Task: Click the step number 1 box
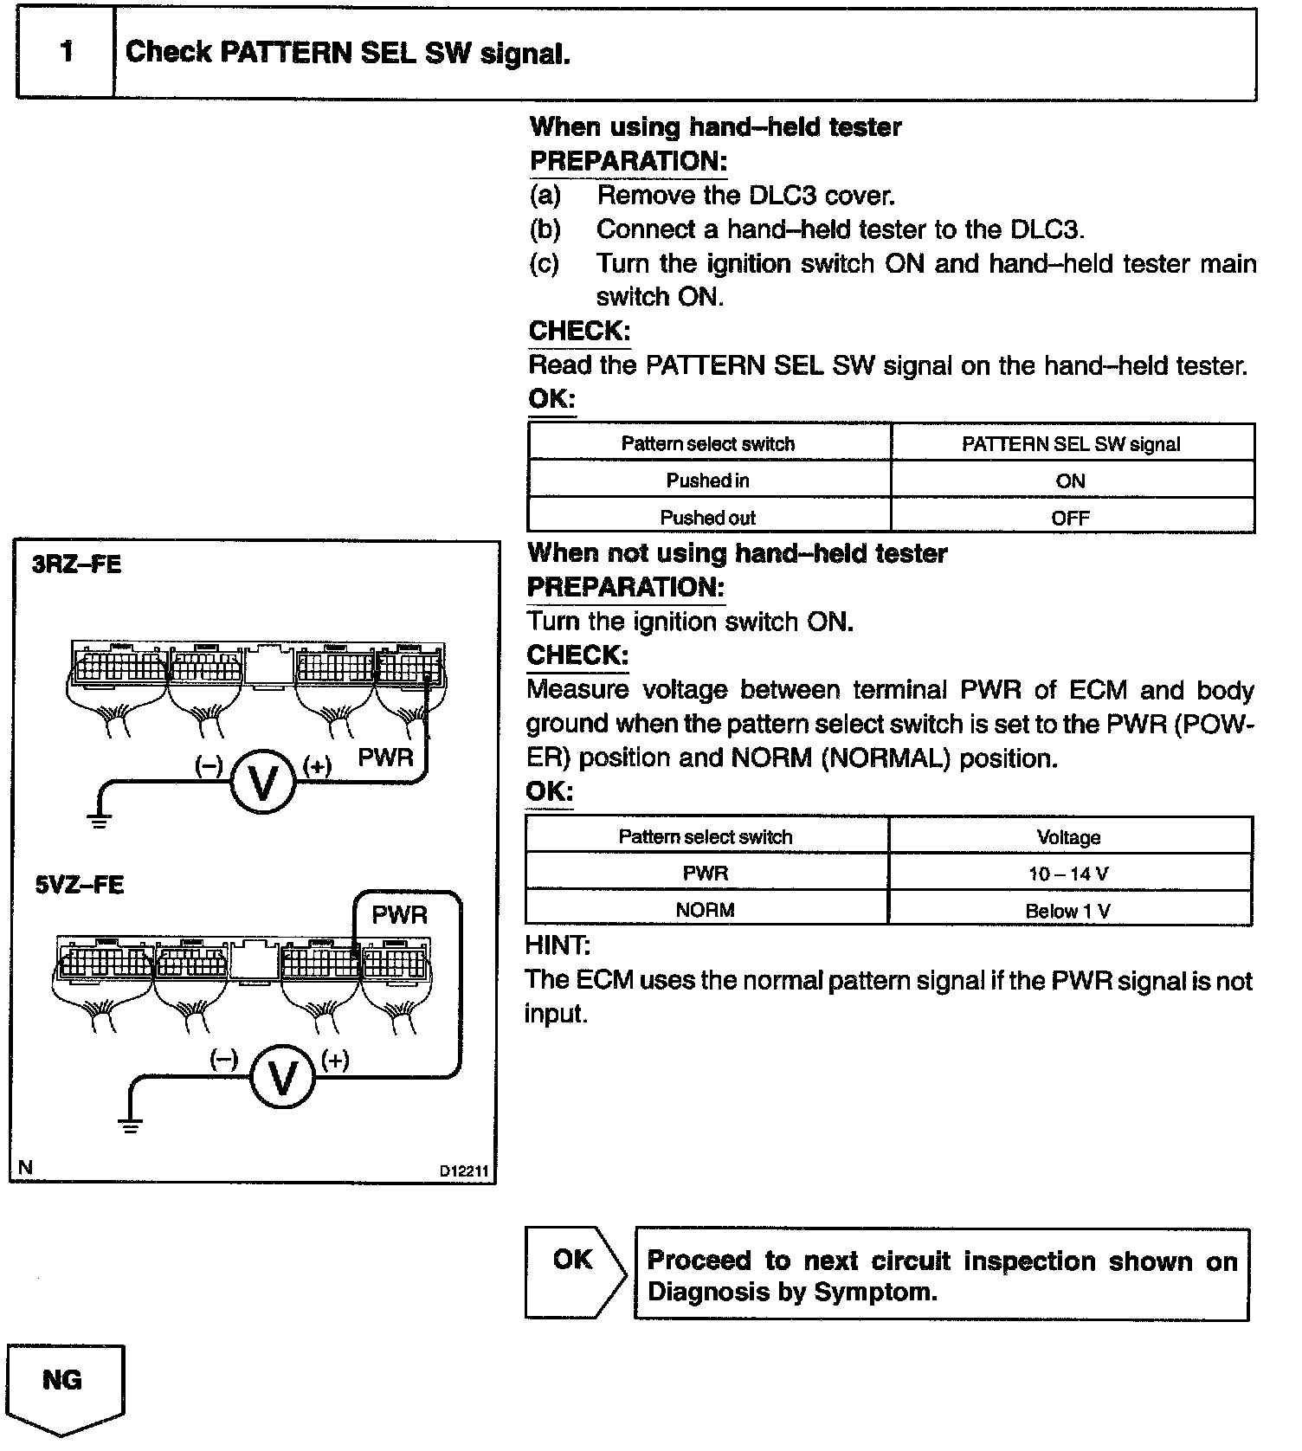pyautogui.click(x=66, y=53)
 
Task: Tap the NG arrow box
pyautogui.click(x=65, y=1385)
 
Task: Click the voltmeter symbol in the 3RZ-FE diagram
pyautogui.click(x=262, y=781)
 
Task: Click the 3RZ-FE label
pyautogui.click(x=76, y=564)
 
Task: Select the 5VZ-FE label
pyautogui.click(x=79, y=885)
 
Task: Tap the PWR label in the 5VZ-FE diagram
pyautogui.click(x=399, y=914)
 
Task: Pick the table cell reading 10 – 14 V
pyautogui.click(x=1068, y=873)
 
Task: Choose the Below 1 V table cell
pyautogui.click(x=1068, y=910)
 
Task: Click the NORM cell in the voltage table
pyautogui.click(x=706, y=910)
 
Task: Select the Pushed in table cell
pyautogui.click(x=708, y=480)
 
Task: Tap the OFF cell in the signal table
pyautogui.click(x=1071, y=518)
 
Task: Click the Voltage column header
pyautogui.click(x=1068, y=836)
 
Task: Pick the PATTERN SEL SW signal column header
pyautogui.click(x=1071, y=443)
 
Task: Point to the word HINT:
pyautogui.click(x=558, y=945)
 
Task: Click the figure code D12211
pyautogui.click(x=464, y=1171)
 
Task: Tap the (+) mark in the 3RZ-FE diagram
pyautogui.click(x=318, y=766)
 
